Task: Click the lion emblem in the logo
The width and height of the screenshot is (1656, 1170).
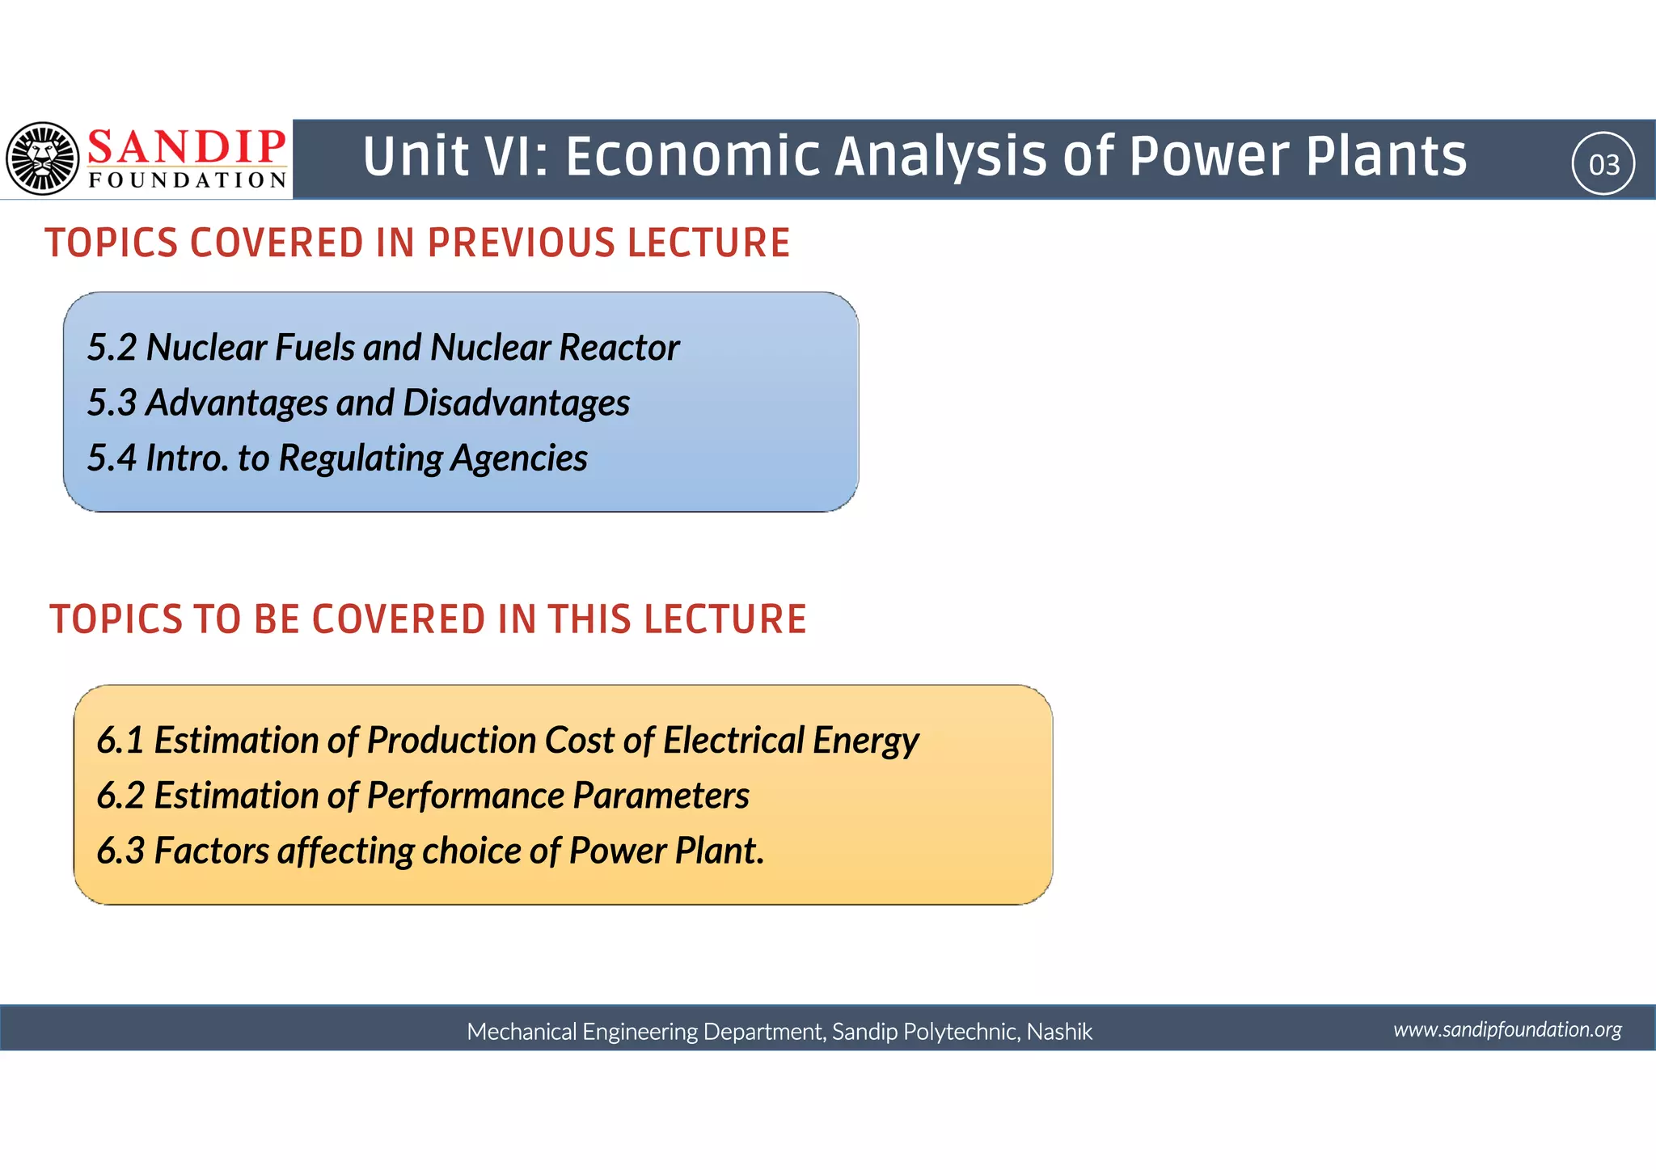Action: coord(43,158)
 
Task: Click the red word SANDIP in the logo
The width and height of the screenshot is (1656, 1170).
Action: coord(187,147)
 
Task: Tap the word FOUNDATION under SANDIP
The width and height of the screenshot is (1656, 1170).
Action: coord(188,180)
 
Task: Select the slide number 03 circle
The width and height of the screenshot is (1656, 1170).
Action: coord(1603,164)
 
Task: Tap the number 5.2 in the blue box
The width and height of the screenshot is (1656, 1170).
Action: coord(112,348)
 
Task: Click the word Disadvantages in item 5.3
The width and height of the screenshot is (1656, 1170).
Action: coord(516,403)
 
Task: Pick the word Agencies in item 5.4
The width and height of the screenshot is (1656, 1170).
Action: coord(518,458)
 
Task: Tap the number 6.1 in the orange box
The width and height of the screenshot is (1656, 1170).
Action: coord(120,741)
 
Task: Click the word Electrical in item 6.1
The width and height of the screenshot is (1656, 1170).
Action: coord(733,741)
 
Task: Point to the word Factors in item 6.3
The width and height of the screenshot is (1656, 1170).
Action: coord(211,851)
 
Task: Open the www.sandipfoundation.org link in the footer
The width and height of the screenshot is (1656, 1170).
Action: coord(1507,1029)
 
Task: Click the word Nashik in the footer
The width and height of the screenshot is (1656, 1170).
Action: coord(1059,1032)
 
